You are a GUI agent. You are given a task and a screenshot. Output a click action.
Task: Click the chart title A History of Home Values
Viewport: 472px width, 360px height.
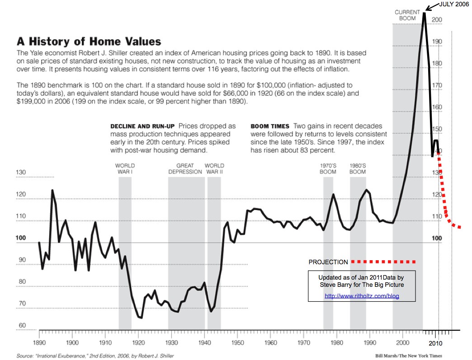(89, 42)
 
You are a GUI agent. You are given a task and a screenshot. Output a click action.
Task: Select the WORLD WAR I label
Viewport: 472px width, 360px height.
(125, 168)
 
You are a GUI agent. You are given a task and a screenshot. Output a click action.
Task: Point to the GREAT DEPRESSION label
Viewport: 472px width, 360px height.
(185, 168)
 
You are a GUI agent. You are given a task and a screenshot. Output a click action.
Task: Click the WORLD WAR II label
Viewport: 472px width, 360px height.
(214, 168)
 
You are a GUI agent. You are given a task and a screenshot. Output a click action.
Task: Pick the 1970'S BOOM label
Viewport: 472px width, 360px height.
(328, 168)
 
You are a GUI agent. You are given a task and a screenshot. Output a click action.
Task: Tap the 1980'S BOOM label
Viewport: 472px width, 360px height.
(358, 168)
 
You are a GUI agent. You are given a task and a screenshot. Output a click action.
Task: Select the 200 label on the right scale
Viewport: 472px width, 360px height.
(437, 20)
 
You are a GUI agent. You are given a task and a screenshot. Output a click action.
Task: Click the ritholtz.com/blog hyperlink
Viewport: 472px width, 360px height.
(362, 296)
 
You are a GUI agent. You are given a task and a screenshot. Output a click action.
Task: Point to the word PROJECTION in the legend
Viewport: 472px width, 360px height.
(328, 262)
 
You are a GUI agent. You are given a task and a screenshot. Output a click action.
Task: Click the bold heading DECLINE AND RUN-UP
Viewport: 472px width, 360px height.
(143, 126)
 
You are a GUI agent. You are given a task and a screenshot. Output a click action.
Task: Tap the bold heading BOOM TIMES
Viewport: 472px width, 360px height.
(270, 126)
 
